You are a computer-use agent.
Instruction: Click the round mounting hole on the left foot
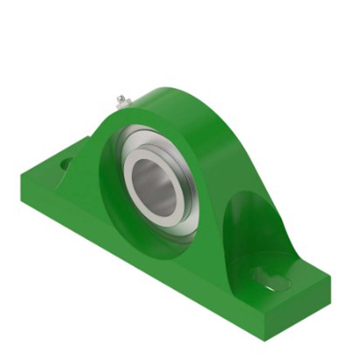click(66, 165)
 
